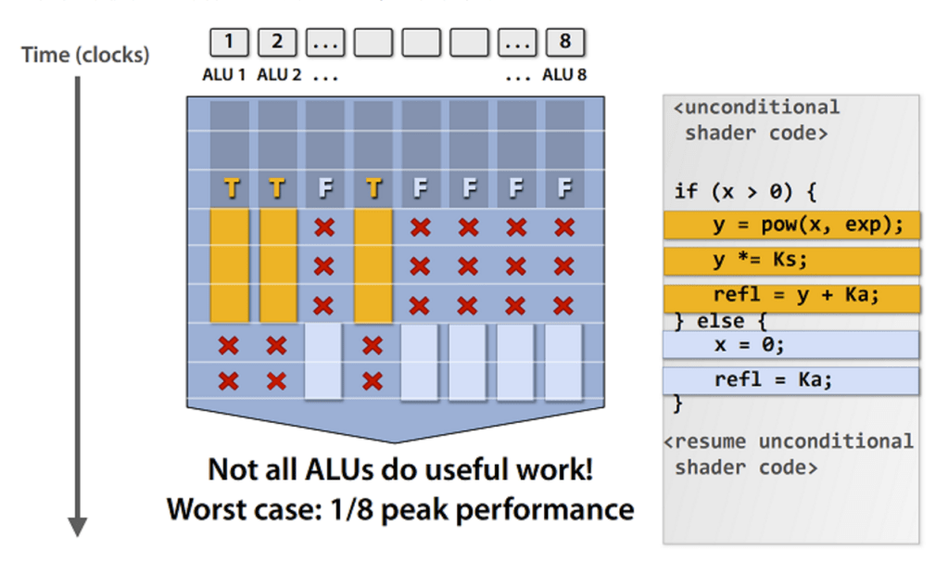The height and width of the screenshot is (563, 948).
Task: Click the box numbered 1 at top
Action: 229,42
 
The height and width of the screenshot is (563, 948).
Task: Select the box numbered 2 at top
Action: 277,42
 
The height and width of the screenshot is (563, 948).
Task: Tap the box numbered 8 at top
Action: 565,42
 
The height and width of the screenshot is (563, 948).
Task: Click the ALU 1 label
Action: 224,75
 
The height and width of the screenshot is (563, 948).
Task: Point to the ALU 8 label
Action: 564,75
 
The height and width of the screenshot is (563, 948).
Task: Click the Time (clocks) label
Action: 85,55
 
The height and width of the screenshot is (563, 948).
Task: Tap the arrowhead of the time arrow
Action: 78,526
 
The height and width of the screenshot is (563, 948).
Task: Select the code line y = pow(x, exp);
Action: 791,225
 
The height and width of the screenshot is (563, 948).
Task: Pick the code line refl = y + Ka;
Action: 791,297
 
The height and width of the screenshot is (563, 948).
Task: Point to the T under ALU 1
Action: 231,189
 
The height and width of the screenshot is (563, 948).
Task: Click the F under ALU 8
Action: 564,189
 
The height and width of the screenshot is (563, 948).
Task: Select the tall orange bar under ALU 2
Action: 278,264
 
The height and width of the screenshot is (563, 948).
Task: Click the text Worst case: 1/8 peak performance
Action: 400,509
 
